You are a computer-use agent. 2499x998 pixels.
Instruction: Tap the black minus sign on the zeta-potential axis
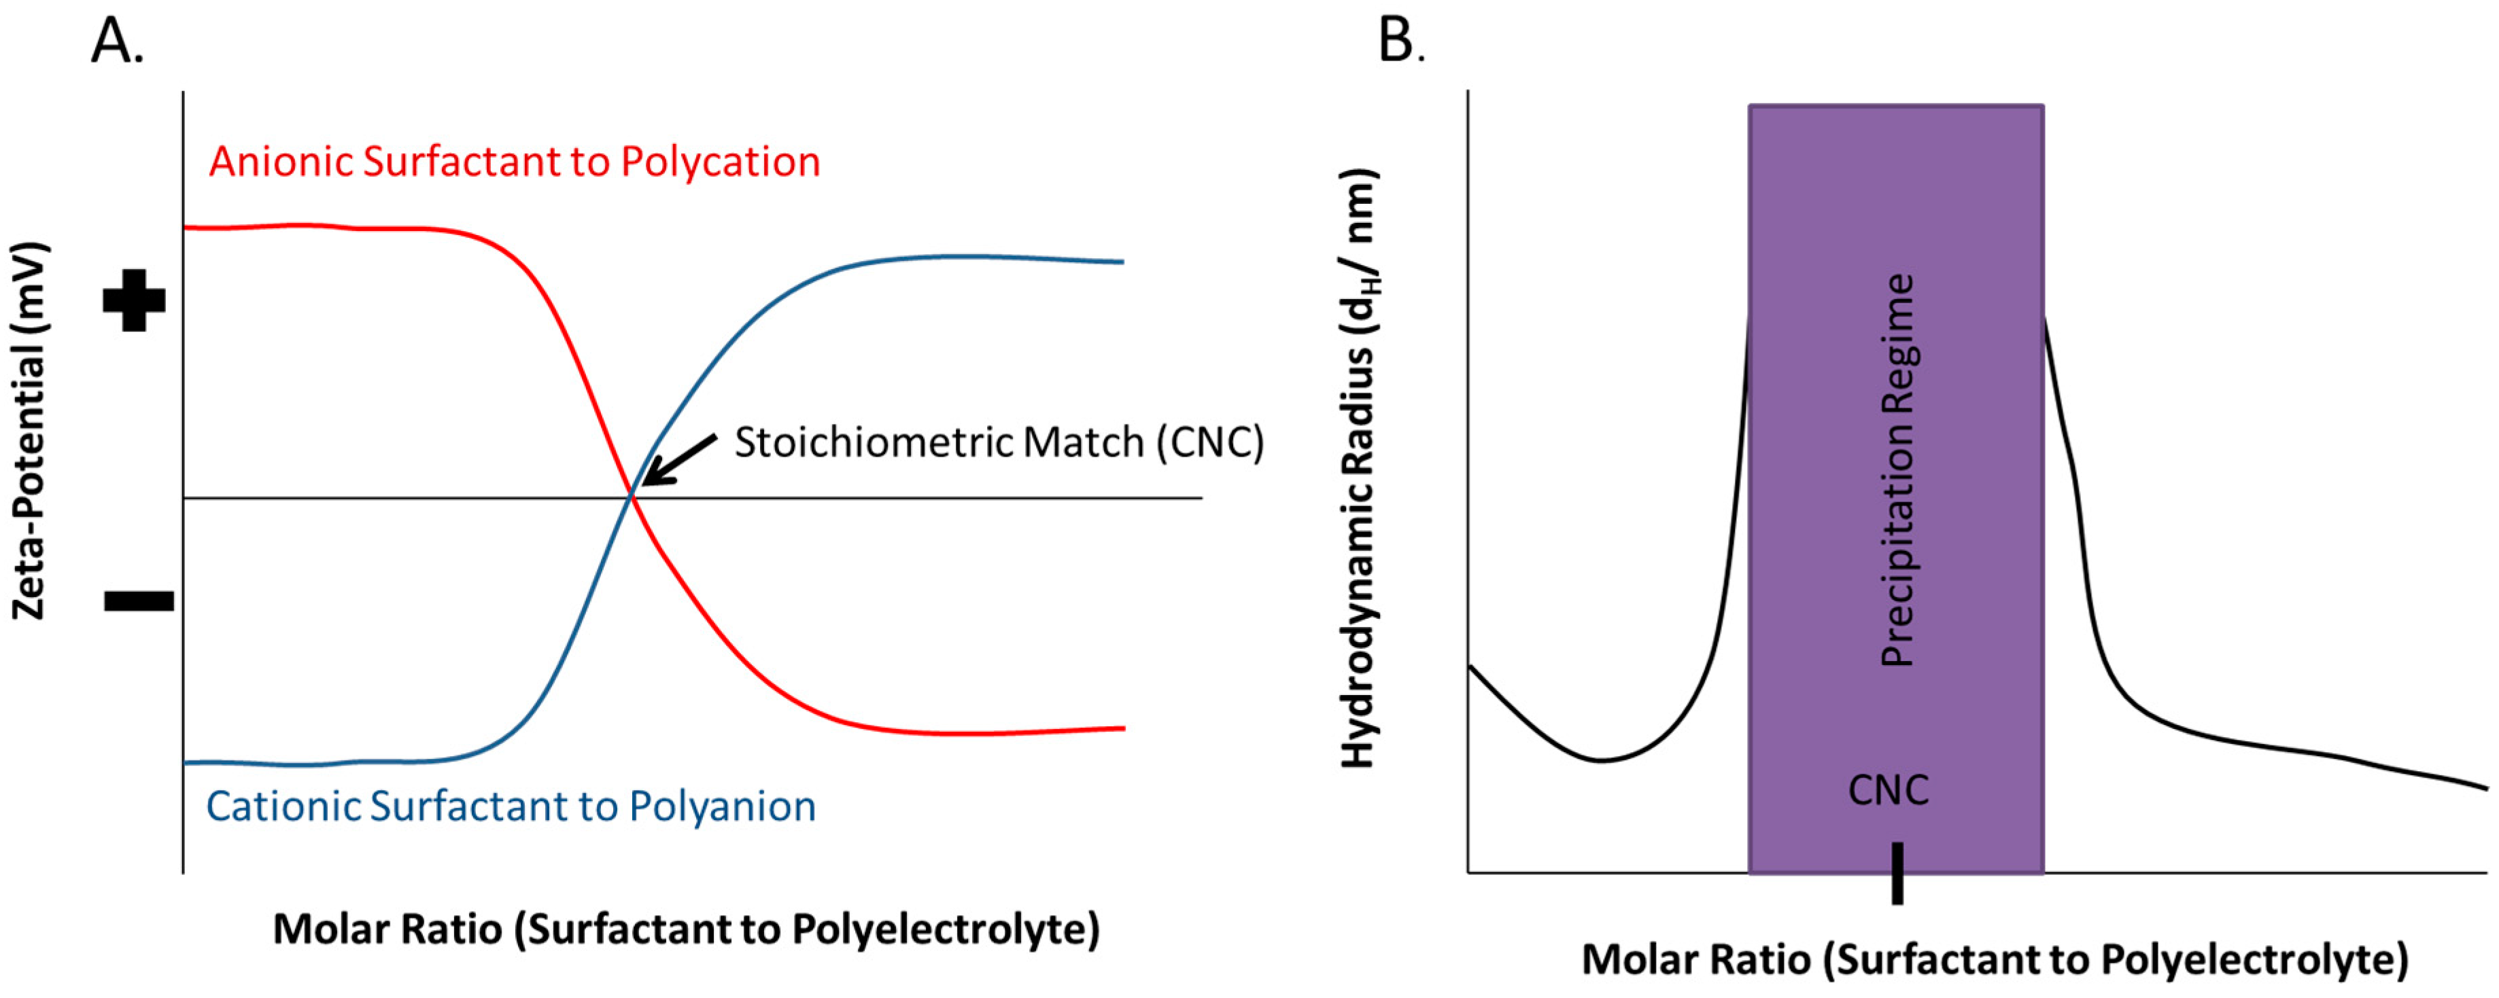(139, 601)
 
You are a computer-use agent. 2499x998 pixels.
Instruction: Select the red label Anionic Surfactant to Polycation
(514, 161)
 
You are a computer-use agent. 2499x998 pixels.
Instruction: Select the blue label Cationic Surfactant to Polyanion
(511, 806)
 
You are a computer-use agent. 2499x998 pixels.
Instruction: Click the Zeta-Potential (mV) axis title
(29, 431)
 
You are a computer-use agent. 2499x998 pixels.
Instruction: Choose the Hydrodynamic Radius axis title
(1359, 469)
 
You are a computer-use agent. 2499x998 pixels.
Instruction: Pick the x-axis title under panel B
(1995, 959)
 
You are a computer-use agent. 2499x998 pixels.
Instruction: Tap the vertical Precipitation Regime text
(1897, 469)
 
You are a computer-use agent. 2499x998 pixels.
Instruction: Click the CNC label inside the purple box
(1888, 790)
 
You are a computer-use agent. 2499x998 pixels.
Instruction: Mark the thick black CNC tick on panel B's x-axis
(1897, 873)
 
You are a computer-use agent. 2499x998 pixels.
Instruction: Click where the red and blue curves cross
(632, 497)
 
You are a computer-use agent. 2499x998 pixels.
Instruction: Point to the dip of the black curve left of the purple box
(1602, 760)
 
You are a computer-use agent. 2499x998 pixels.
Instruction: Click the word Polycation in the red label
(720, 161)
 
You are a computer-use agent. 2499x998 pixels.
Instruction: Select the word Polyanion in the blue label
(722, 806)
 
